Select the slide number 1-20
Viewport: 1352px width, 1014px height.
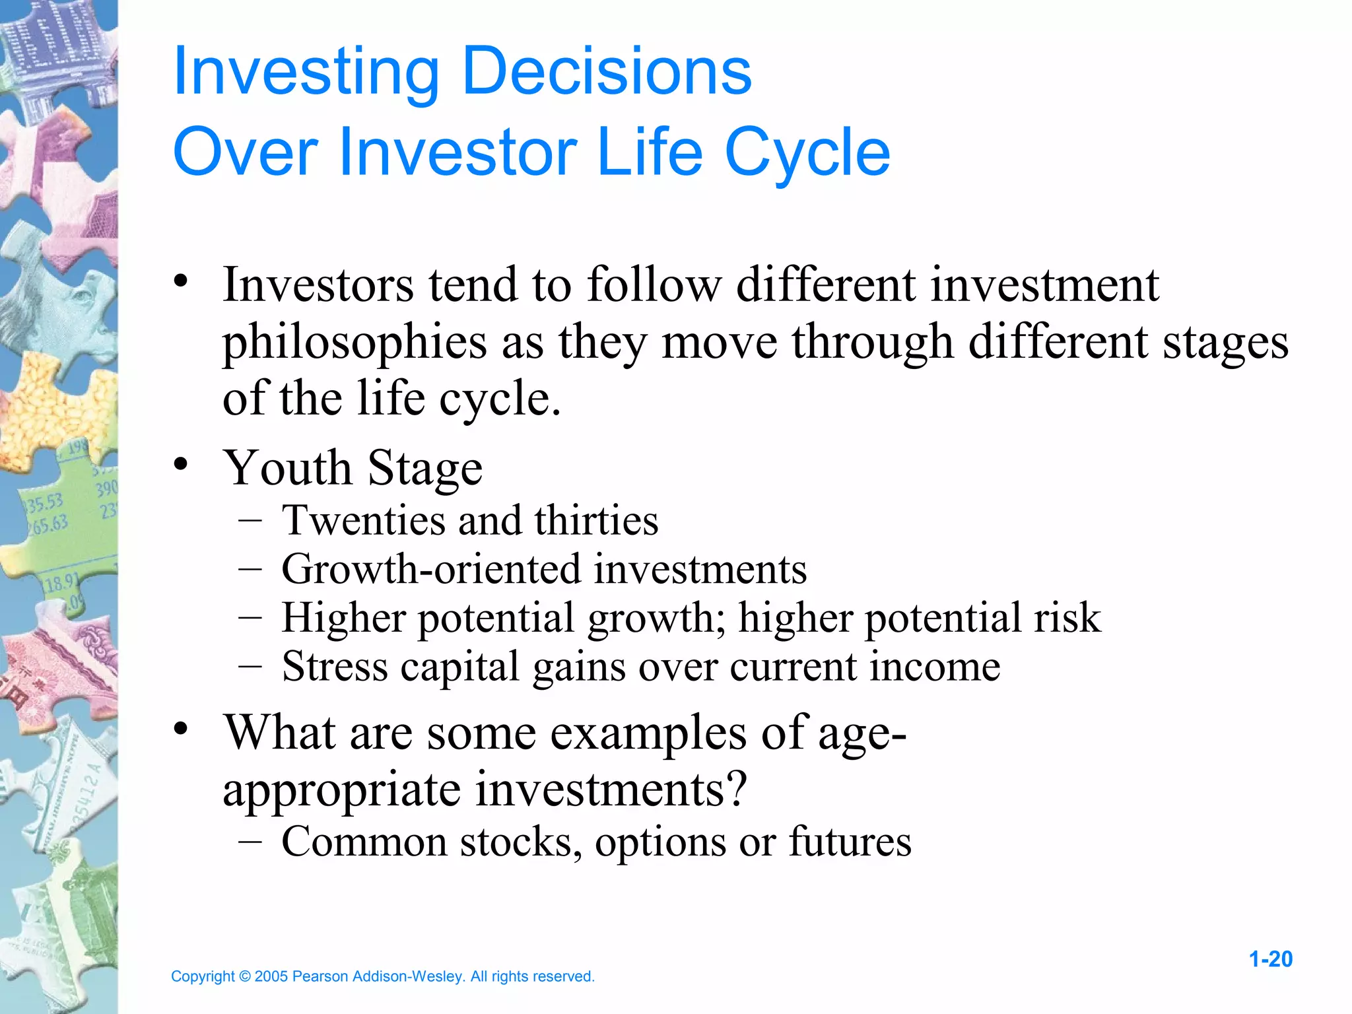coord(1270,959)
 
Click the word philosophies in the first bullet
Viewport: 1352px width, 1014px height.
coord(355,343)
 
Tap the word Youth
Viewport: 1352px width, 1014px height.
coord(287,467)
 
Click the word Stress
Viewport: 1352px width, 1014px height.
coord(335,666)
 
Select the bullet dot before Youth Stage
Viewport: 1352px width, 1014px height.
coord(181,464)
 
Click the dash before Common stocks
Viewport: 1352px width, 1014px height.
coord(251,841)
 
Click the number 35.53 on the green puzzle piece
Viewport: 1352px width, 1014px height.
coord(44,503)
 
